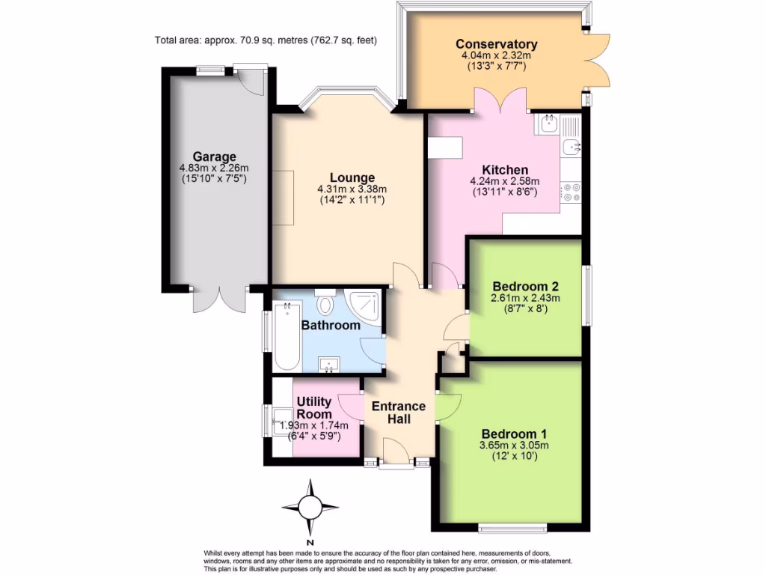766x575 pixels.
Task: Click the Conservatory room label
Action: coord(497,44)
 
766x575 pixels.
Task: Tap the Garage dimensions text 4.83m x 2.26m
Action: coord(213,168)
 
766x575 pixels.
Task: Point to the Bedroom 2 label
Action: coord(525,286)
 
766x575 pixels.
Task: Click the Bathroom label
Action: coord(330,326)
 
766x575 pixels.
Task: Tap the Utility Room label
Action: coord(314,409)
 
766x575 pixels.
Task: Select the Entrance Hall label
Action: coord(399,413)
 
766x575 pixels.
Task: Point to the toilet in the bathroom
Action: coord(325,304)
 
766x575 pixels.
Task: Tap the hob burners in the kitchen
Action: coord(572,192)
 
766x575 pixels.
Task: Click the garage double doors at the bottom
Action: coord(218,300)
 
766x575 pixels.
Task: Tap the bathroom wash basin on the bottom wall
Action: coord(328,365)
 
